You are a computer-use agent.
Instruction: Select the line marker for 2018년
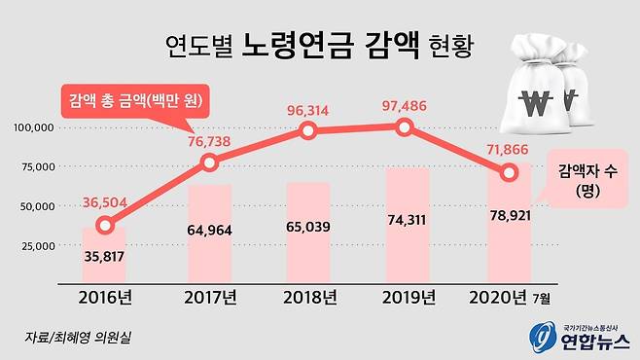pos(308,130)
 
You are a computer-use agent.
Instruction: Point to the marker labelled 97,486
pos(406,126)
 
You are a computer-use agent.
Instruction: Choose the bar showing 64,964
pos(210,231)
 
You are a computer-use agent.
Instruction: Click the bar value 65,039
pos(308,236)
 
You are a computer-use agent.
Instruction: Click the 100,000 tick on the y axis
pos(36,127)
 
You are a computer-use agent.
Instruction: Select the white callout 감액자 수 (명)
pos(585,178)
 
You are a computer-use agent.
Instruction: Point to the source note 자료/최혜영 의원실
pos(81,338)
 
